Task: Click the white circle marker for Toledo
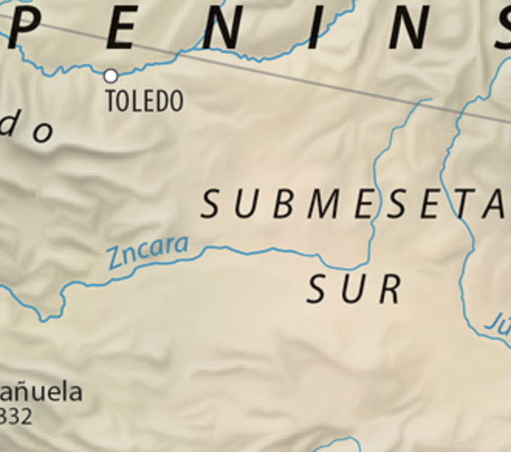111,75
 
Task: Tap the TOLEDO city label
144,101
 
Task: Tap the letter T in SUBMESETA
461,204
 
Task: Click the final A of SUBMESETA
493,204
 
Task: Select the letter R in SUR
390,289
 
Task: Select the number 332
17,416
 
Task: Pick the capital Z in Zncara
116,258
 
